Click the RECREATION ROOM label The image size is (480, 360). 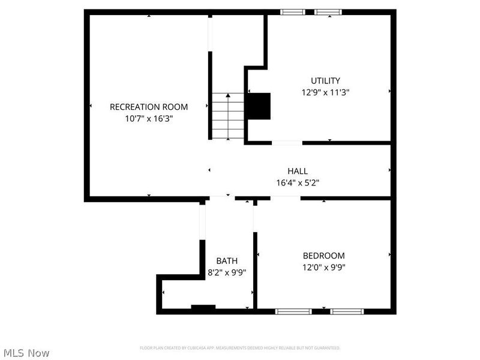[148, 107]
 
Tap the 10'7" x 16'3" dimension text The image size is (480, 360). [148, 118]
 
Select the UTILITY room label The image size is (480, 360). [325, 80]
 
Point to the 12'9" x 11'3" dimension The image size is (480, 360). [325, 92]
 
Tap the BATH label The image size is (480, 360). [227, 260]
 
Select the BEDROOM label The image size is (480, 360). [323, 256]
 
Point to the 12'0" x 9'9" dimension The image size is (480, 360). [323, 268]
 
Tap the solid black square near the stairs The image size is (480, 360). [260, 106]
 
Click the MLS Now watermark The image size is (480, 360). [26, 353]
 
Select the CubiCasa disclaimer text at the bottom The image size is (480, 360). [240, 347]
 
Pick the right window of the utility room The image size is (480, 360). [328, 11]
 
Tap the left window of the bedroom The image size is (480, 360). [293, 311]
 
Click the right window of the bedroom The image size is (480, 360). [347, 311]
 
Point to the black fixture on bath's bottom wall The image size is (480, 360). [203, 308]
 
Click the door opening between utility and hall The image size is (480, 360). [287, 143]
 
